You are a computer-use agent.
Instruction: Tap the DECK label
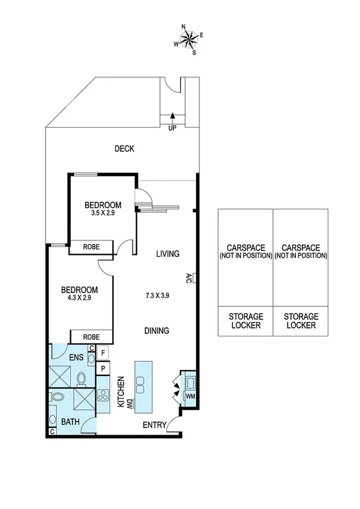pyautogui.click(x=125, y=149)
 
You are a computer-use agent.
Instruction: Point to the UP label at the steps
pyautogui.click(x=173, y=128)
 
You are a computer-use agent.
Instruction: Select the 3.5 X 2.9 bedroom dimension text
pyautogui.click(x=102, y=213)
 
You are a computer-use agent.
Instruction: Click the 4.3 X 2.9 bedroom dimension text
pyautogui.click(x=79, y=298)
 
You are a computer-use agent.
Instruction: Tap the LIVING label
pyautogui.click(x=168, y=254)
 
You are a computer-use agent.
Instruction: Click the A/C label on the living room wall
pyautogui.click(x=188, y=277)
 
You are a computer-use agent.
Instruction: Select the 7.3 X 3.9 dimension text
pyautogui.click(x=157, y=295)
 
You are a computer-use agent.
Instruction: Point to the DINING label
pyautogui.click(x=156, y=330)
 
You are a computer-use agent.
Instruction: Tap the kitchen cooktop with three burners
pyautogui.click(x=102, y=395)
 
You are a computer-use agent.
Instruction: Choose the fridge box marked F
pyautogui.click(x=103, y=353)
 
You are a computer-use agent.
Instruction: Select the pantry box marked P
pyautogui.click(x=103, y=369)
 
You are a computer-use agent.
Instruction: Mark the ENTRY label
pyautogui.click(x=153, y=425)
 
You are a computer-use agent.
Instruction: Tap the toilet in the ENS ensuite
pyautogui.click(x=83, y=378)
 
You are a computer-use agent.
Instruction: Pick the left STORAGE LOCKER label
pyautogui.click(x=245, y=321)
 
